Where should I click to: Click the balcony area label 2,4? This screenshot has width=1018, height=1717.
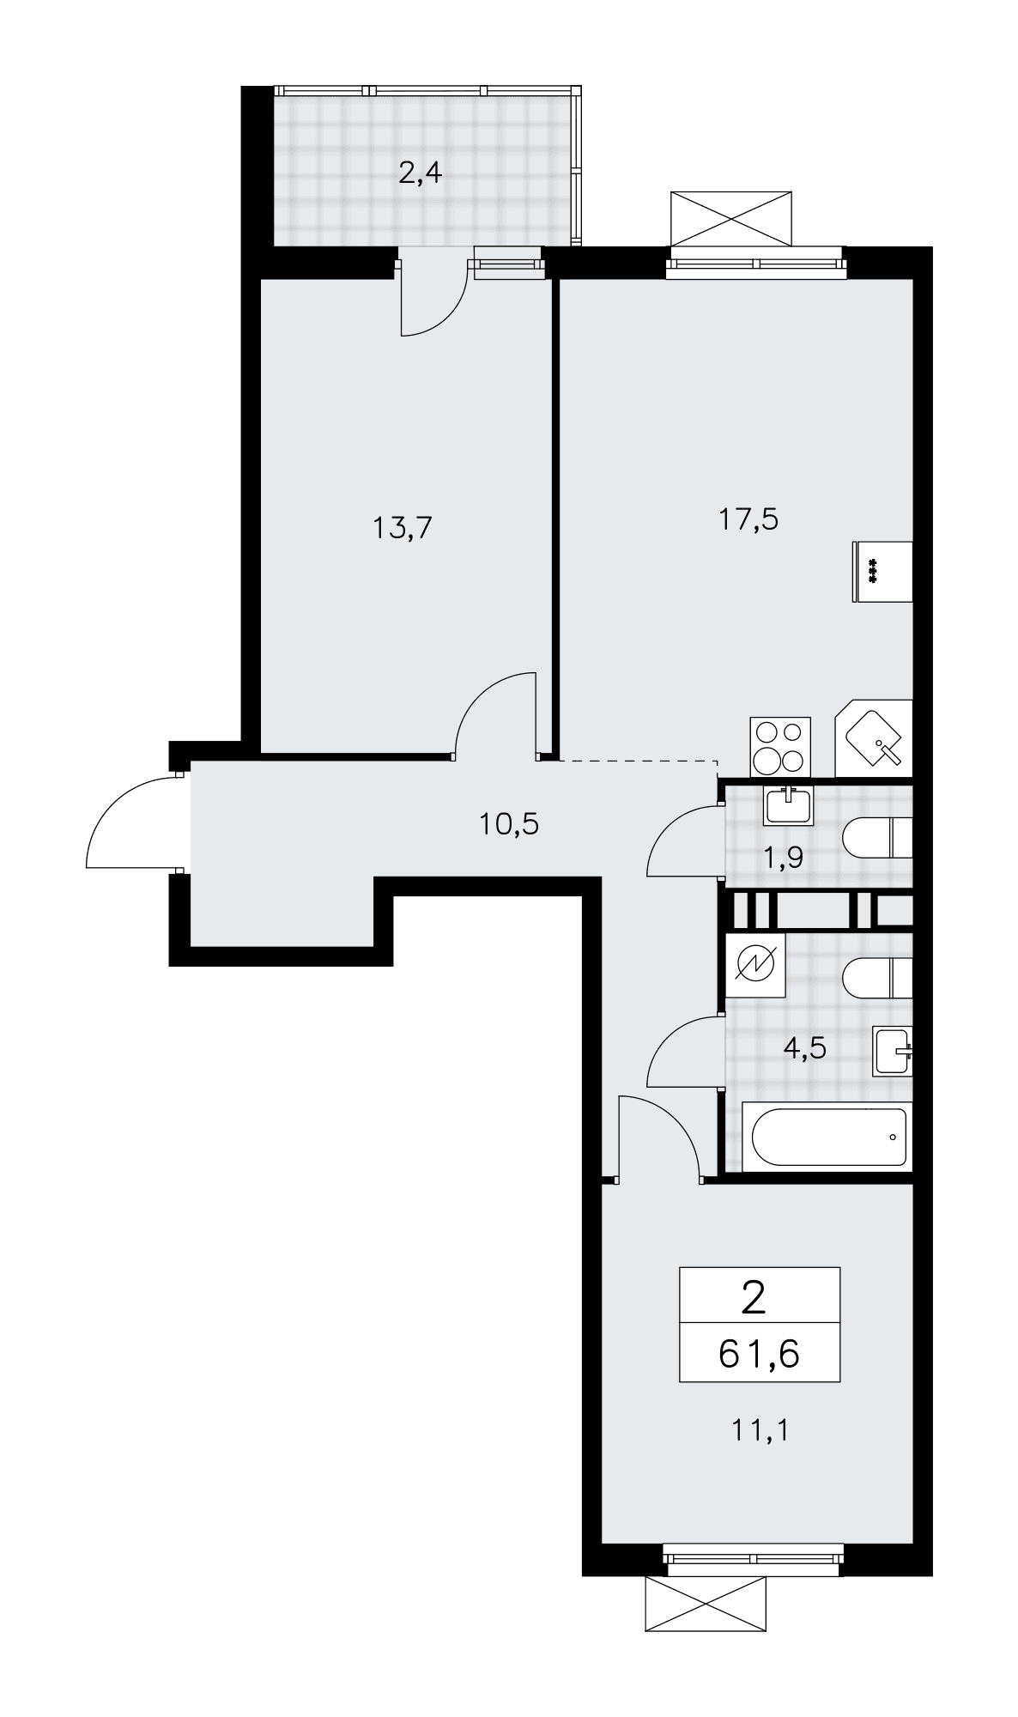(420, 175)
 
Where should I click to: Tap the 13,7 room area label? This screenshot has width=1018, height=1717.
(402, 528)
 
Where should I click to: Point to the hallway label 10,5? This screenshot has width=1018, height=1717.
(509, 825)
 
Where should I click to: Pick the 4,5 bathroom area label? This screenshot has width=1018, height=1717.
(805, 1047)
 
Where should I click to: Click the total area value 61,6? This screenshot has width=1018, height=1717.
(759, 1354)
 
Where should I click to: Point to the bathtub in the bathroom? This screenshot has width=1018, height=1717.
(827, 1137)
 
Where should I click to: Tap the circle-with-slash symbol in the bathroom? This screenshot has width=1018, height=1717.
(755, 965)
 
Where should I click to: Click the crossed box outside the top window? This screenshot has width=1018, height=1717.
(729, 219)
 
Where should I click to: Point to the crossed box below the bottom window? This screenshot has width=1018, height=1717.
(704, 1604)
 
